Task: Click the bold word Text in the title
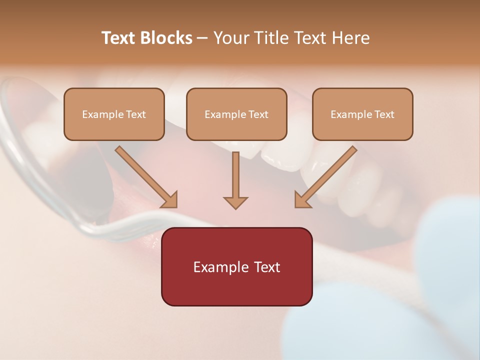click(x=119, y=38)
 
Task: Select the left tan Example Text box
click(x=114, y=114)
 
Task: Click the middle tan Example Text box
click(x=236, y=114)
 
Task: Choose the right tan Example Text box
click(x=362, y=114)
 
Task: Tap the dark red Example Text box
click(x=236, y=267)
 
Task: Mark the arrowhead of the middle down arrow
click(x=235, y=202)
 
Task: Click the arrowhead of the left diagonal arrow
click(x=170, y=200)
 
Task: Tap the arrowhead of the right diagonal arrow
click(x=302, y=200)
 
